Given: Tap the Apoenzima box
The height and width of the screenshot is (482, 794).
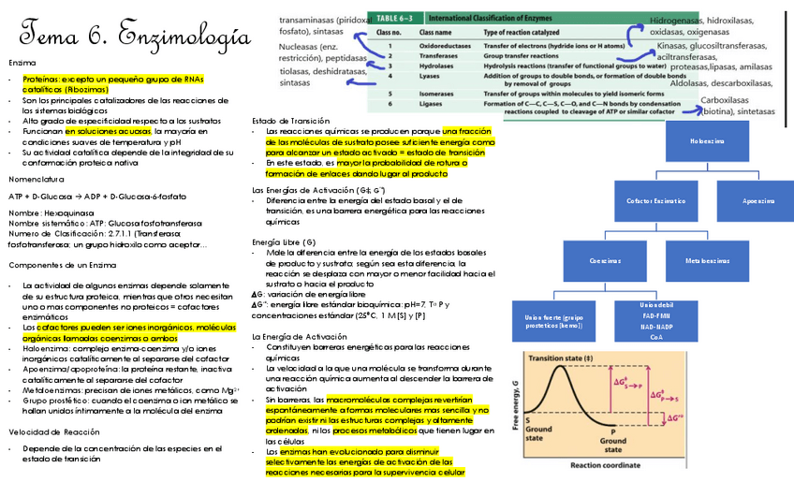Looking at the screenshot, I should pos(757,201).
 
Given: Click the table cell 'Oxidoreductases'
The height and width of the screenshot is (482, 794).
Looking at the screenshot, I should pos(443,45).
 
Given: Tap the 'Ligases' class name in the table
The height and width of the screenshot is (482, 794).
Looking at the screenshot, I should pos(431,104).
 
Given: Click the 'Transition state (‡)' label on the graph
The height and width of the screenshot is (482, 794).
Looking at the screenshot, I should pos(562,358).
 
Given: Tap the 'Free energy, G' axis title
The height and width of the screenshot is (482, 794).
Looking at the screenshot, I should pos(516,407).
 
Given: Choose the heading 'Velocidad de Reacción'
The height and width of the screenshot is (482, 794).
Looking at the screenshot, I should pos(49,431).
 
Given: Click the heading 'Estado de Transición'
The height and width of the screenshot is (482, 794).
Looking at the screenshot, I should pos(291,121).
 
